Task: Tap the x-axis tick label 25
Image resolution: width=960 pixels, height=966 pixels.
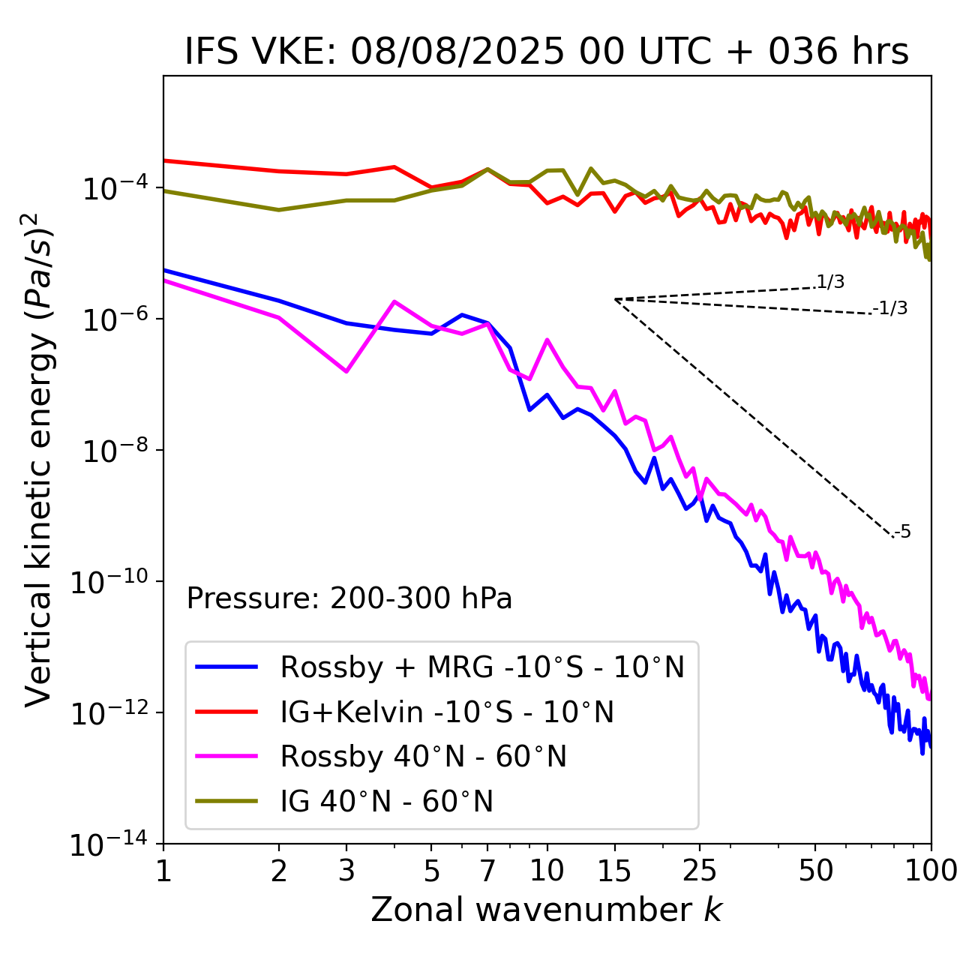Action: [x=700, y=871]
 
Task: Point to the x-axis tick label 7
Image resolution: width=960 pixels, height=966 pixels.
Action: [x=487, y=871]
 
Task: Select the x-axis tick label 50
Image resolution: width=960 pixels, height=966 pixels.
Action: [x=815, y=871]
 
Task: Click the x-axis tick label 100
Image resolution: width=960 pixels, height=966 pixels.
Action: [x=930, y=871]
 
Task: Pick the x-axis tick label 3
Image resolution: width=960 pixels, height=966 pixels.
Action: [x=346, y=871]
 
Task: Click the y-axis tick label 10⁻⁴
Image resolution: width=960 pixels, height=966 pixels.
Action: [x=112, y=188]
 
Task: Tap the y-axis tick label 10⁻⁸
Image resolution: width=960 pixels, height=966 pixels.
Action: [x=112, y=451]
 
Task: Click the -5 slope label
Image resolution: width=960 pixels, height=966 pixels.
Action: [x=903, y=532]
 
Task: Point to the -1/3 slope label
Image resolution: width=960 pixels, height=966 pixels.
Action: [x=891, y=308]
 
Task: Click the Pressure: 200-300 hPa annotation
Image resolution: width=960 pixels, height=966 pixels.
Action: [x=349, y=598]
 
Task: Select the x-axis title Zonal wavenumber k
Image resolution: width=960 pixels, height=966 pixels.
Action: [x=546, y=910]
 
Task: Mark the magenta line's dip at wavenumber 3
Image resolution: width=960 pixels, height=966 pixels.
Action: [x=346, y=371]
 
